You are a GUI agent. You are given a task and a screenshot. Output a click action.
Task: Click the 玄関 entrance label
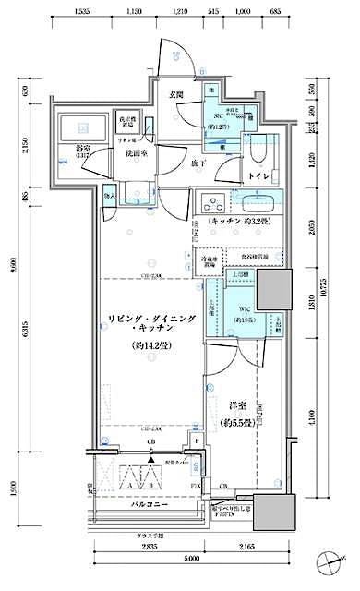(x=175, y=95)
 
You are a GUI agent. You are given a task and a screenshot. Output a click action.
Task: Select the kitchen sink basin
(x=264, y=203)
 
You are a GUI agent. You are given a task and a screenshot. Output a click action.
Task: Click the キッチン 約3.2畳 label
(x=240, y=223)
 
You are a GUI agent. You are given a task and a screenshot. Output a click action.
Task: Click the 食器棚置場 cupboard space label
(x=252, y=258)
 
